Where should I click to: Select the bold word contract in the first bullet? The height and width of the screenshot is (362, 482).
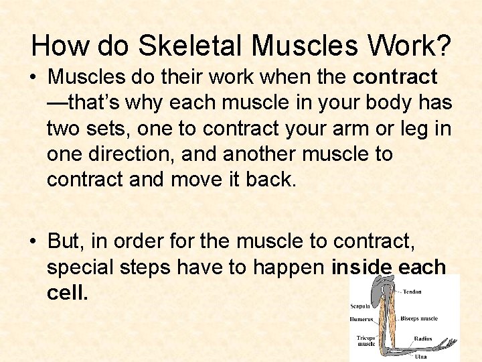click(395, 77)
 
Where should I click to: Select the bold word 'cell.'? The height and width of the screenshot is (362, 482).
click(68, 293)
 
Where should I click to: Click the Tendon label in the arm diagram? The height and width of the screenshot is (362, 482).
click(411, 292)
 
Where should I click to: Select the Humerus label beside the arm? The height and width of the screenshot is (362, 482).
click(362, 318)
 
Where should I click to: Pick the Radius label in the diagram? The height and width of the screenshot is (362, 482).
click(422, 339)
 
